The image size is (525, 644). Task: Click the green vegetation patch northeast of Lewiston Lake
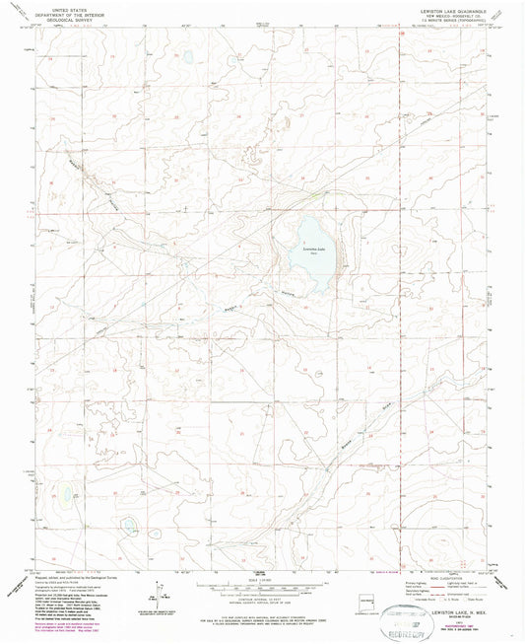pyautogui.click(x=320, y=193)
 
